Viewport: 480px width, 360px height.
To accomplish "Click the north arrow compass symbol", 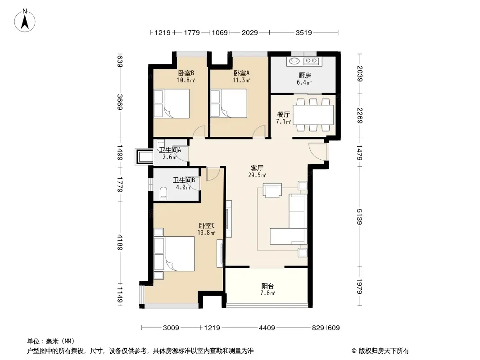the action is tap(25, 20).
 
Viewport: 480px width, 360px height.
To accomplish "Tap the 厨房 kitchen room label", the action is tap(304, 75).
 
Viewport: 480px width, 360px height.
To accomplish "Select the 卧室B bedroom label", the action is tap(186, 73).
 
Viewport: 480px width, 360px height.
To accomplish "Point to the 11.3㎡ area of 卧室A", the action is tap(241, 80).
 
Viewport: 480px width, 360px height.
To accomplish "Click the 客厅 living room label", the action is tap(257, 168).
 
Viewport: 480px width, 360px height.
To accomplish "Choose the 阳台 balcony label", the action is tap(267, 286).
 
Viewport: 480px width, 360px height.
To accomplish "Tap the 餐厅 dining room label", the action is tap(284, 114).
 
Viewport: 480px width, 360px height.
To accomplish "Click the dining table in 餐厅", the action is tap(313, 115).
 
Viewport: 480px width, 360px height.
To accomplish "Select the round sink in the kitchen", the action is tap(294, 61).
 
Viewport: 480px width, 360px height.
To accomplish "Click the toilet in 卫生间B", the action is tap(163, 193).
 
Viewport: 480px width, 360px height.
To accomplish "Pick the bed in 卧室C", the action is tap(174, 253).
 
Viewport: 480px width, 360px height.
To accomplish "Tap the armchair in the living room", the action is tap(272, 190).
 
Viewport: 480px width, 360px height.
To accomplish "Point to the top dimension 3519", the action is tap(303, 32).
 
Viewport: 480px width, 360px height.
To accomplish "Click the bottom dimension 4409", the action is tap(267, 328).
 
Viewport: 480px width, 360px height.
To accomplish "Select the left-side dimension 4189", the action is tap(120, 242).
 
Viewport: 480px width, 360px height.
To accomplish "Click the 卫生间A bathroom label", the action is tap(170, 150).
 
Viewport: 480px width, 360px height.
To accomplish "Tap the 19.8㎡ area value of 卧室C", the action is tap(206, 233).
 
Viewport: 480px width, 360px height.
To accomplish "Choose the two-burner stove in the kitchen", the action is tap(311, 61).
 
